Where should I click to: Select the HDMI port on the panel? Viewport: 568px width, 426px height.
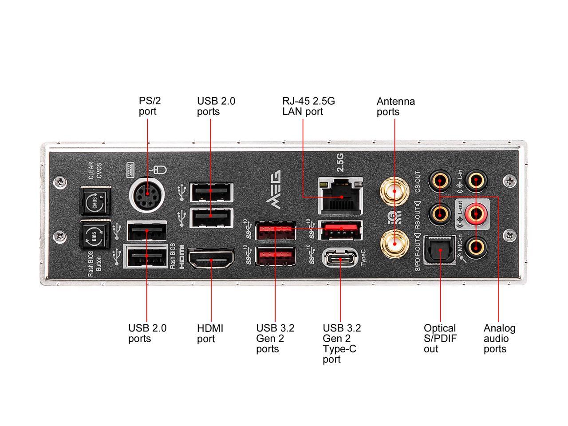(211, 259)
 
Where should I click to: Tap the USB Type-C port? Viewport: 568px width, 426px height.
(340, 258)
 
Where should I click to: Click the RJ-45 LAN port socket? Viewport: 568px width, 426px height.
(340, 196)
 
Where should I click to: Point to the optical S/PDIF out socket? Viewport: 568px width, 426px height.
(440, 250)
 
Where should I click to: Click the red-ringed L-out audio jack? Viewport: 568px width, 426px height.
(476, 214)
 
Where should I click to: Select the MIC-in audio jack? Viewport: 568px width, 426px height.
(476, 248)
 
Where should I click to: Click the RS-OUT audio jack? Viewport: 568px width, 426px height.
(440, 214)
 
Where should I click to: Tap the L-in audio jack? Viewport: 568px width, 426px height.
(476, 180)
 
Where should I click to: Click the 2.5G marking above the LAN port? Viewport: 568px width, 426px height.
(340, 162)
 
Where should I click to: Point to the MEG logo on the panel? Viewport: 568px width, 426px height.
(273, 189)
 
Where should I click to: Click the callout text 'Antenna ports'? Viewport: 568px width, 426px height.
(396, 106)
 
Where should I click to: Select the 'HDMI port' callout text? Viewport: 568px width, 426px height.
(210, 333)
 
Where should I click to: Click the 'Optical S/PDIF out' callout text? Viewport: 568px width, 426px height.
(440, 338)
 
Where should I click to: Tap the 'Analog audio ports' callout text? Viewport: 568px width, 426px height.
(499, 338)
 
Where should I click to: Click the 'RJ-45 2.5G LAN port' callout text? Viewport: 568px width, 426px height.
(308, 106)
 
